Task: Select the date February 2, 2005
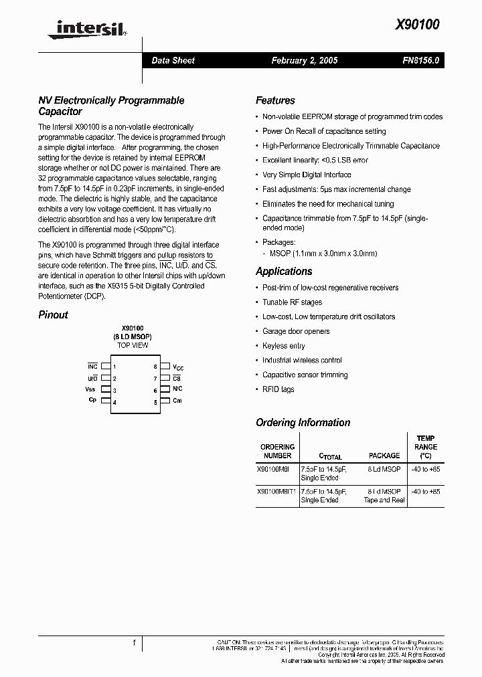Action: pos(304,60)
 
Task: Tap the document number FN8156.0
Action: pos(421,60)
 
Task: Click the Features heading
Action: pos(275,100)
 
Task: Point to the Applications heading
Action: pos(284,272)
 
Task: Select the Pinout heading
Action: pos(53,315)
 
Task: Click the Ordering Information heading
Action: pos(303,423)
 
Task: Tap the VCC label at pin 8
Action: pos(178,367)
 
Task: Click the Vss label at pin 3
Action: pos(90,389)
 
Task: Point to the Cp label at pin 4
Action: pos(92,400)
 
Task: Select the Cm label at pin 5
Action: pos(177,401)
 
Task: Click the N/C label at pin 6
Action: pos(177,389)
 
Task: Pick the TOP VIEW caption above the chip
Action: pos(133,345)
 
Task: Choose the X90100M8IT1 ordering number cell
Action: pos(276,492)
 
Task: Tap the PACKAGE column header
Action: pos(384,456)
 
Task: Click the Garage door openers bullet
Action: pos(295,331)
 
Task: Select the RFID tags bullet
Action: pos(278,389)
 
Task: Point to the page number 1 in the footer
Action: pos(134,643)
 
